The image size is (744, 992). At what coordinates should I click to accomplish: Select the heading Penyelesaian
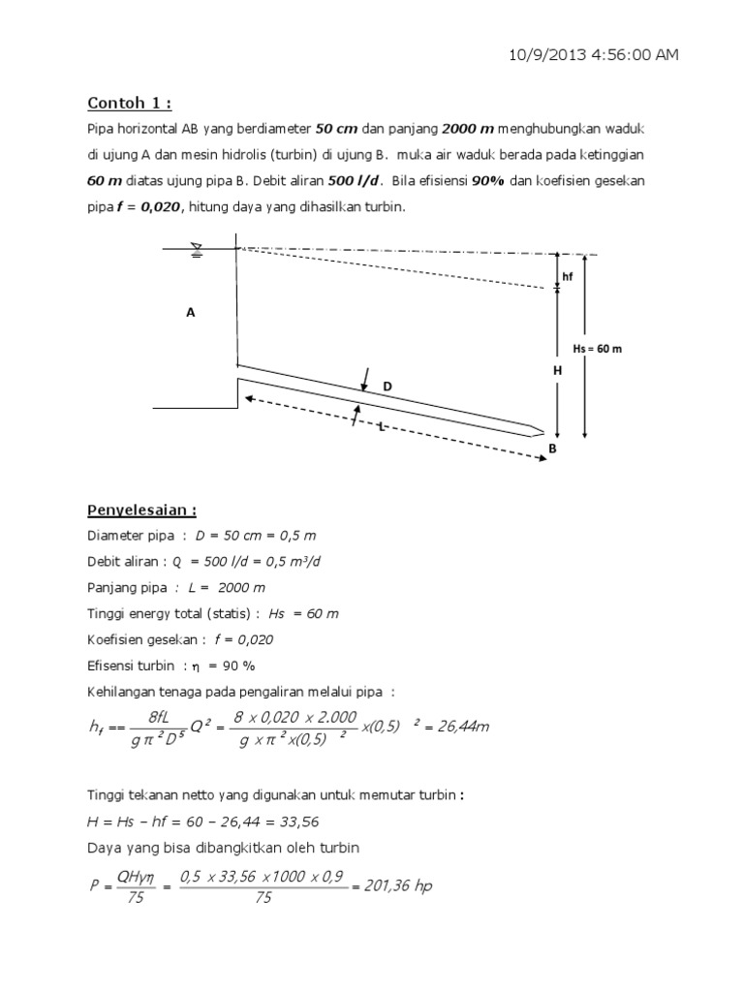(142, 510)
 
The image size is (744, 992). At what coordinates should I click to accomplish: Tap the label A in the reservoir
(190, 312)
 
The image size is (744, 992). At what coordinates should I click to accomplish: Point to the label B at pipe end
(553, 449)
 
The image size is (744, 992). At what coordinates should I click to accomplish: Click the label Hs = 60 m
(597, 349)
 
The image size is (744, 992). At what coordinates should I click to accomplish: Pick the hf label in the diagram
(568, 276)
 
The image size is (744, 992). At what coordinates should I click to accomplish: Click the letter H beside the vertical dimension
(556, 371)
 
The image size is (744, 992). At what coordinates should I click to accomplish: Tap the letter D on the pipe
(387, 387)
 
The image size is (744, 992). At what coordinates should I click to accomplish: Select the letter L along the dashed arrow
(382, 427)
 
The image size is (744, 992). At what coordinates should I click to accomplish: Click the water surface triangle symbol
(198, 248)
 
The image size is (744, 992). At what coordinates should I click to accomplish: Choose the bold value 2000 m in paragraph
(469, 130)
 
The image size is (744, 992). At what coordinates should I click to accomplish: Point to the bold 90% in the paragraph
(488, 180)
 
